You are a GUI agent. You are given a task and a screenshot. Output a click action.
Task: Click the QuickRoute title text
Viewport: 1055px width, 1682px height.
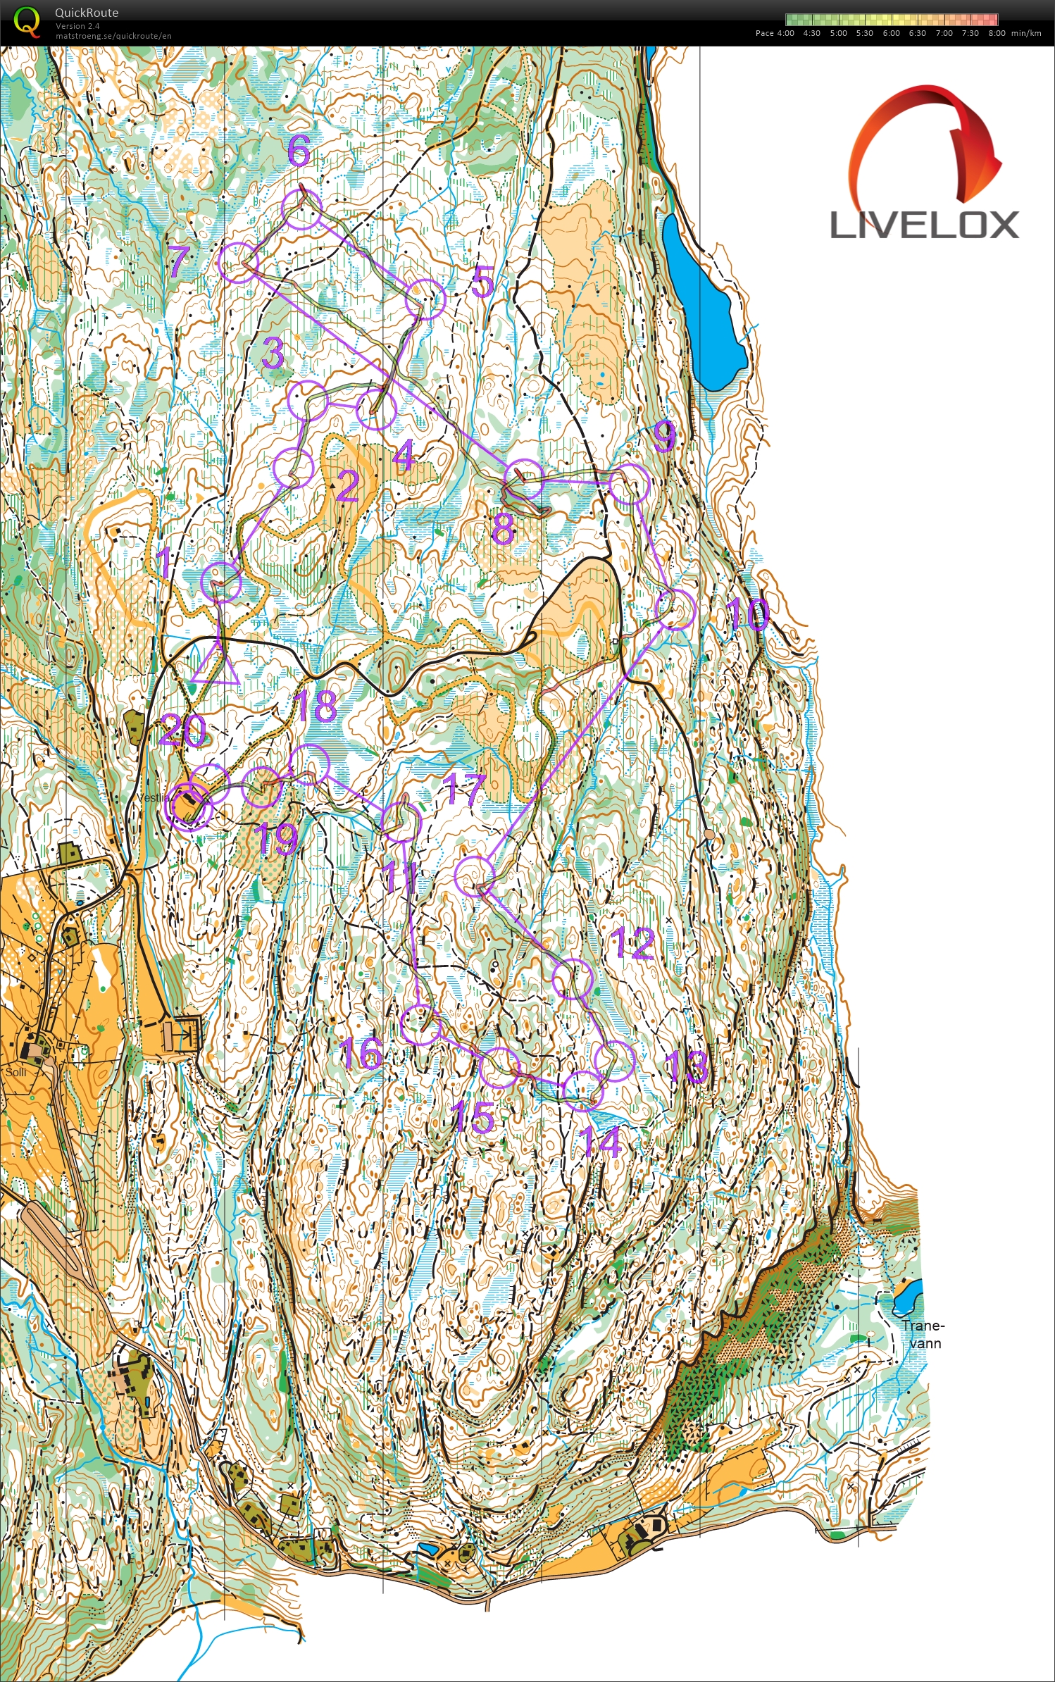[87, 13]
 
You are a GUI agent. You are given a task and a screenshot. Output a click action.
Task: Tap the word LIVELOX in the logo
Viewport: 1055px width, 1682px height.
[924, 225]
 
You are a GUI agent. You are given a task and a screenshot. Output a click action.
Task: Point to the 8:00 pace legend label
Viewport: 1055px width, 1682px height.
[997, 33]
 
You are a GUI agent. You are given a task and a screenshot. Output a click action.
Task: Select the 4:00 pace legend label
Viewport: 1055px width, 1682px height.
[785, 33]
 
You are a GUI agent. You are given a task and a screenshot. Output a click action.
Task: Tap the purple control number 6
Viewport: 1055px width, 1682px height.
[299, 150]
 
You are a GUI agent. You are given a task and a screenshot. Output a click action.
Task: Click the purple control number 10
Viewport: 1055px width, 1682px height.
[748, 613]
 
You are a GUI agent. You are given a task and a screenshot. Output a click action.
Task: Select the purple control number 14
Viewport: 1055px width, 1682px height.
[601, 1141]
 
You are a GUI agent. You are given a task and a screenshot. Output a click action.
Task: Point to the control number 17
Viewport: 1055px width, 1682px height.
[465, 788]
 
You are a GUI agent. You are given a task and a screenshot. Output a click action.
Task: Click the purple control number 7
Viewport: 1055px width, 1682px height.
[179, 261]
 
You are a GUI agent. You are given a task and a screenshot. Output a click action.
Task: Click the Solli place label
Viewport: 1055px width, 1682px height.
[15, 1072]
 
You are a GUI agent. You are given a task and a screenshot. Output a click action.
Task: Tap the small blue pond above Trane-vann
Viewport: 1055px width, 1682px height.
[906, 1297]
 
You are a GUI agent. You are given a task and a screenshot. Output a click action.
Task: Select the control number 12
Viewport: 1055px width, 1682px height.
[633, 943]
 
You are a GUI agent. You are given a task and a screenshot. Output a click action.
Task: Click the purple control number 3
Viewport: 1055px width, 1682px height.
[273, 352]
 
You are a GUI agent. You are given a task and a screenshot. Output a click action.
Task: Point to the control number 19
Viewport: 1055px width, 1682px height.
[276, 838]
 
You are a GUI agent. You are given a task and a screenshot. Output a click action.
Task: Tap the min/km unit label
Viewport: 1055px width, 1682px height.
[1025, 33]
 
